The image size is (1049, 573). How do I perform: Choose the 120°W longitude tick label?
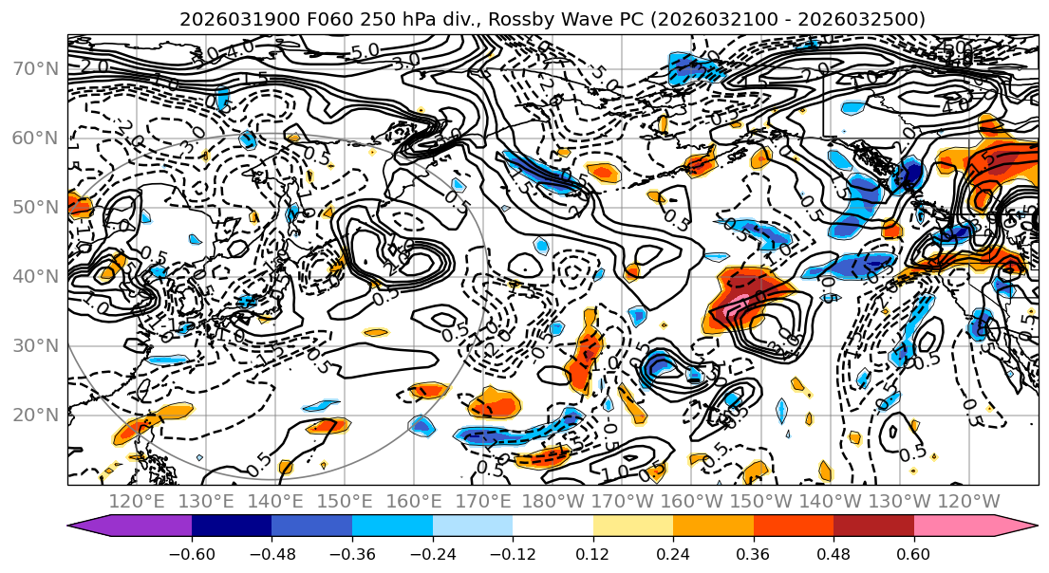click(968, 501)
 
